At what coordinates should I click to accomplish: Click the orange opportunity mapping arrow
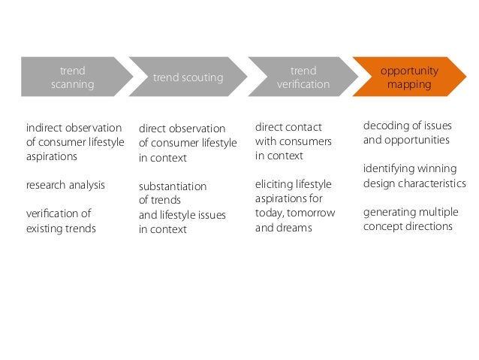(409, 77)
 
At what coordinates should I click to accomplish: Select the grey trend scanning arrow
(72, 77)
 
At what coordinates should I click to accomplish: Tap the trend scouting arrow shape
(188, 77)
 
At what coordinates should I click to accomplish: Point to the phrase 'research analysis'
(65, 185)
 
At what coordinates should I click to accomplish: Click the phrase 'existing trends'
(61, 228)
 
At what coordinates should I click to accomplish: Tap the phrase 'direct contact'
(288, 127)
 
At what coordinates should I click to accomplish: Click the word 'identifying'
(390, 168)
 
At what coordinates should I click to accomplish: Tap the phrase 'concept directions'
(408, 226)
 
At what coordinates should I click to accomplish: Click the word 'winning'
(438, 168)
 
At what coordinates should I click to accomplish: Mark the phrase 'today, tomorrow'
(295, 213)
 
